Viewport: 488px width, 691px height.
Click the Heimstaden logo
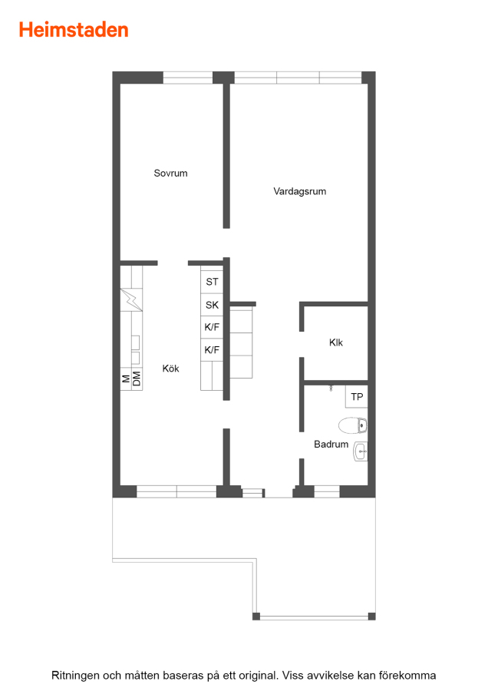click(x=74, y=30)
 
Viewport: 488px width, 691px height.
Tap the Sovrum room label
click(x=170, y=174)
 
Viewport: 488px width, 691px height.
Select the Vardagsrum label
click(x=299, y=191)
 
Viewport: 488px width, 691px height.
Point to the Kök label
click(x=170, y=369)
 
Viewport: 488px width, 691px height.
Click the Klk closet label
click(x=335, y=342)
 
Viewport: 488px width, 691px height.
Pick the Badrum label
click(x=331, y=445)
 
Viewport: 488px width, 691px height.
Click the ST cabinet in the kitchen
click(x=212, y=282)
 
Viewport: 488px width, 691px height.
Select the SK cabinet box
click(x=212, y=305)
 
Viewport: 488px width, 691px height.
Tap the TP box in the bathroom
click(x=356, y=397)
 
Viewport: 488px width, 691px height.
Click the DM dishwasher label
click(x=137, y=379)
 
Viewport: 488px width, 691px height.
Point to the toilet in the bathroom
click(x=352, y=425)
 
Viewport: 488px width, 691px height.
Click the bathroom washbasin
click(x=361, y=451)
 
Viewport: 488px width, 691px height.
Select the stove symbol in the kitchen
click(x=131, y=300)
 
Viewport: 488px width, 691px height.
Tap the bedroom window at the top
click(x=188, y=78)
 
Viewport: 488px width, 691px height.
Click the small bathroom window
click(x=326, y=491)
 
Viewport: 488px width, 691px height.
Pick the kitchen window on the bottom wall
click(x=176, y=491)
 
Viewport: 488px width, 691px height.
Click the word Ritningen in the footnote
click(x=75, y=676)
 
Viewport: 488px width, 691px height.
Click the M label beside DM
click(x=126, y=379)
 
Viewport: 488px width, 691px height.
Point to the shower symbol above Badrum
click(x=331, y=388)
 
